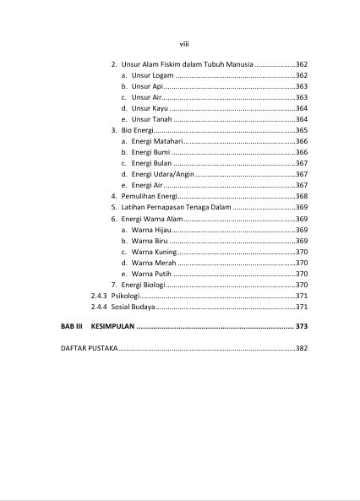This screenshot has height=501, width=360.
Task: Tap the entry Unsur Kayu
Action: (x=145, y=108)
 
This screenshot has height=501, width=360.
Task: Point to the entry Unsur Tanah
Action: (x=146, y=119)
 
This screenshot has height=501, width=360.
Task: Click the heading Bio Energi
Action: (x=136, y=130)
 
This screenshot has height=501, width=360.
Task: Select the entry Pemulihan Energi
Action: (x=148, y=196)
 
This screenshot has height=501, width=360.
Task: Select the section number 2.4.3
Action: (x=98, y=296)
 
